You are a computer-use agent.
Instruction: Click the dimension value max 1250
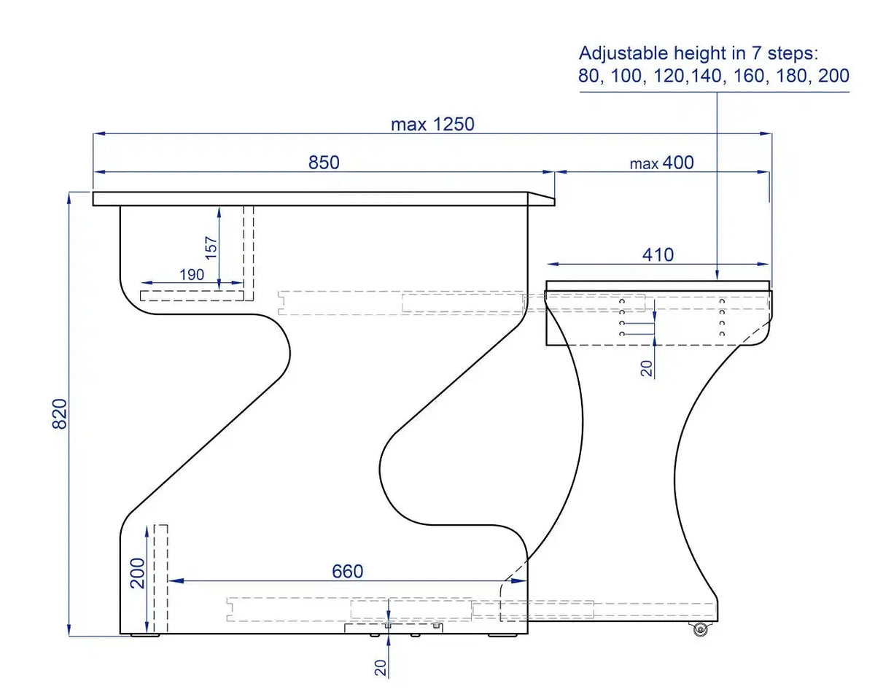click(x=432, y=124)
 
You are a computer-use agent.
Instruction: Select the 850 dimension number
click(x=324, y=163)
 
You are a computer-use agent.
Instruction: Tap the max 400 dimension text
click(x=662, y=163)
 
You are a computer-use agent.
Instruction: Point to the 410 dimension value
click(x=658, y=254)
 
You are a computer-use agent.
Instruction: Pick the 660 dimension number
click(x=347, y=572)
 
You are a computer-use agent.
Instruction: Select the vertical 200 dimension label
click(x=138, y=572)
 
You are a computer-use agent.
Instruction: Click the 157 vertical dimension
click(x=211, y=248)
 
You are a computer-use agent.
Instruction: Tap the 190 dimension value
click(x=191, y=274)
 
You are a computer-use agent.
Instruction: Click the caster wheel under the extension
click(x=701, y=630)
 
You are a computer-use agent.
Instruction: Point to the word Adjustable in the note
click(x=621, y=53)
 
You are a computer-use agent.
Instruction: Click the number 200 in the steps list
click(x=833, y=76)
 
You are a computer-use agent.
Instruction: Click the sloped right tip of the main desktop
click(x=541, y=199)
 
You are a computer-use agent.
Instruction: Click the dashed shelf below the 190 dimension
click(x=192, y=295)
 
